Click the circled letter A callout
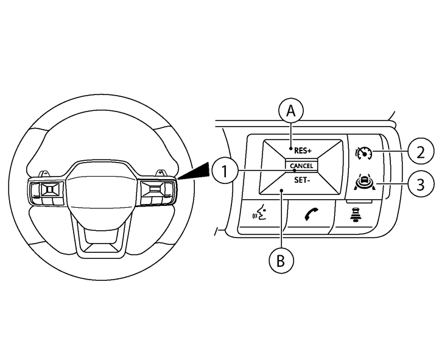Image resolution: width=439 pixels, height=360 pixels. tap(291, 111)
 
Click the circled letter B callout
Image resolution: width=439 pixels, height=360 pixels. tap(281, 261)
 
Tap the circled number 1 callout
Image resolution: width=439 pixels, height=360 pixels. tap(225, 171)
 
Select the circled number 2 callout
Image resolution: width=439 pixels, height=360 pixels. tap(421, 152)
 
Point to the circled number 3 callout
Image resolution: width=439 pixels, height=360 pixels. tap(421, 184)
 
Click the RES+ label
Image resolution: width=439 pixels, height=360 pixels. tap(303, 151)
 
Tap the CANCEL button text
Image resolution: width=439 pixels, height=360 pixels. tap(301, 166)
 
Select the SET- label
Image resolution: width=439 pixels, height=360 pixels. tap(302, 180)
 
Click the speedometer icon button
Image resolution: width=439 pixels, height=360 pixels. tap(363, 154)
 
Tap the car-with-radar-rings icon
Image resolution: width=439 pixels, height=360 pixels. tap(363, 182)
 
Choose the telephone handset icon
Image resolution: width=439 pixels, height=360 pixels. tap(311, 214)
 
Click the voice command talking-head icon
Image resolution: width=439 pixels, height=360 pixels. tap(259, 213)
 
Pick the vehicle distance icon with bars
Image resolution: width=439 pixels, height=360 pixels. tap(356, 215)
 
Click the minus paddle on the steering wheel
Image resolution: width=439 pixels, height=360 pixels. tap(45, 174)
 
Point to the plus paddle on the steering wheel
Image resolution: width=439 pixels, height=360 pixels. tap(160, 172)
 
